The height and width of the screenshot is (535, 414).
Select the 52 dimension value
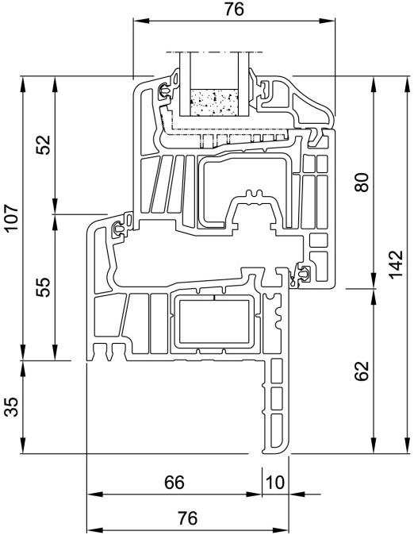[44, 144]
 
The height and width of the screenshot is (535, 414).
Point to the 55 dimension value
[44, 287]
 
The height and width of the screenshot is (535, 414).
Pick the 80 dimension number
[362, 183]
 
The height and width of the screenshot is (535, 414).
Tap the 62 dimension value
[362, 371]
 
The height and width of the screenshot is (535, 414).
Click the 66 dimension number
[174, 483]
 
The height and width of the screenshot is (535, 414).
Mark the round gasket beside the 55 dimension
[120, 228]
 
